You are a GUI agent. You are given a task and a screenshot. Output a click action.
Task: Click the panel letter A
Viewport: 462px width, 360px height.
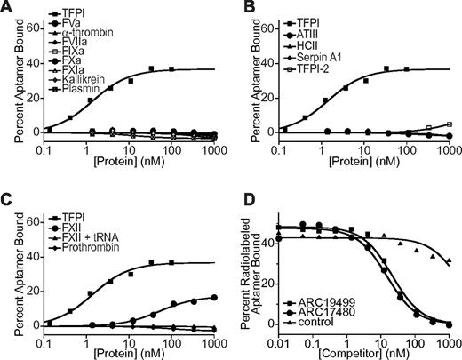(7, 8)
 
